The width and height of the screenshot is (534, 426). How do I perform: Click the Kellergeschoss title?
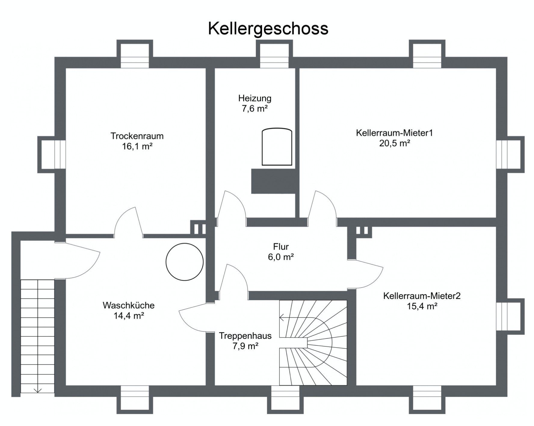point(268,29)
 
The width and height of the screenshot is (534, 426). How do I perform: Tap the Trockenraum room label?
point(137,136)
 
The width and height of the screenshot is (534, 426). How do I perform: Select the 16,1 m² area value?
point(137,147)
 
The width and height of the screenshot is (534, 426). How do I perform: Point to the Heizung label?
point(255,99)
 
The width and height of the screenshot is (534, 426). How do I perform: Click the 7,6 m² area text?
point(255,109)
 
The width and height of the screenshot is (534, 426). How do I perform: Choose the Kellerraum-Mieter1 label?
point(394,133)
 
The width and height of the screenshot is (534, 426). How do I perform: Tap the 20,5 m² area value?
point(394,143)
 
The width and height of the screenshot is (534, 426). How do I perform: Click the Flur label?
point(281,247)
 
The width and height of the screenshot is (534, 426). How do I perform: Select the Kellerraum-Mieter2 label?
point(422,296)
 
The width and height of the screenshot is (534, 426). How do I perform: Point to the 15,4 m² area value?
point(422,306)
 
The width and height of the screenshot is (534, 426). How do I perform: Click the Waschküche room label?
point(128,305)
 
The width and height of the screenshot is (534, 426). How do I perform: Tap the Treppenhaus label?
point(245,336)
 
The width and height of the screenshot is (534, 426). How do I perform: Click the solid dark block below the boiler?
point(273,181)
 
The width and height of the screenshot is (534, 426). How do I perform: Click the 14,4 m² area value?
point(128,316)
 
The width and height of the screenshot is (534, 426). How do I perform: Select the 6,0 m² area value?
point(281,257)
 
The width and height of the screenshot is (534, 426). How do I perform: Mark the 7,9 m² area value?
point(245,346)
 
